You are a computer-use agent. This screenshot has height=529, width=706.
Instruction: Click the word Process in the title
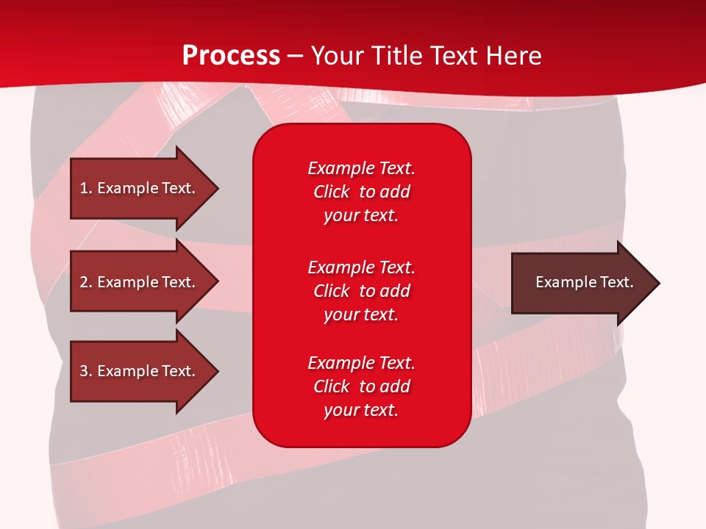232,56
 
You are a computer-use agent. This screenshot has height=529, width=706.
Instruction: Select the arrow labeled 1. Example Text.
144,188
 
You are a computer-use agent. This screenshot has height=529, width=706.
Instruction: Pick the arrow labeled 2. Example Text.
144,281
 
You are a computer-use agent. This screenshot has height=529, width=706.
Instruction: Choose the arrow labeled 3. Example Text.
144,371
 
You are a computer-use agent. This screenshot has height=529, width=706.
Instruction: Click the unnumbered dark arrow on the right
585,283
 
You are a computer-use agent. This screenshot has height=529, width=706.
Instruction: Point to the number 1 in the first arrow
84,188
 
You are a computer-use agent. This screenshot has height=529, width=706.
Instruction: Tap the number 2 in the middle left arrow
84,282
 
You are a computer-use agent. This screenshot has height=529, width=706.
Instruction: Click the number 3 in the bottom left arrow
84,371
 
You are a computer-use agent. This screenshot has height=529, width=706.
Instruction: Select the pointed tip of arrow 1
219,188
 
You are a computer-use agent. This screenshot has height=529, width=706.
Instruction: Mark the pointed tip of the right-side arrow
660,283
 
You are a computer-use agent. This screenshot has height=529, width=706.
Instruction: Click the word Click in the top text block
332,192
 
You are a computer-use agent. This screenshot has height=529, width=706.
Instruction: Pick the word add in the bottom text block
396,386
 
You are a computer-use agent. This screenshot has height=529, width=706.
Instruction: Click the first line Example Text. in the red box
362,168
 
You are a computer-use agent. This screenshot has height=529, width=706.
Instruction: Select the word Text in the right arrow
617,282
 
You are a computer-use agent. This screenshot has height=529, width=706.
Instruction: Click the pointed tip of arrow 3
219,372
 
